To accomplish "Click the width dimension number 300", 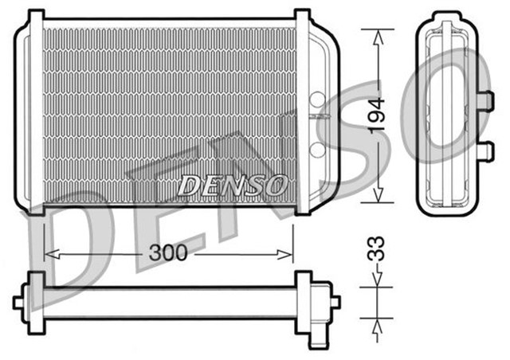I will [x=168, y=253].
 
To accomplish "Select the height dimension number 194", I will [x=377, y=115].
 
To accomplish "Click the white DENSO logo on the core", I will [x=231, y=186].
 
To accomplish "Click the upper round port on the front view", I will [x=316, y=100].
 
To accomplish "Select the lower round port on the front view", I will [x=316, y=149].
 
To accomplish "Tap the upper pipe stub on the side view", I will [x=485, y=100].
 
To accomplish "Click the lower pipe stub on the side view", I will [x=485, y=149].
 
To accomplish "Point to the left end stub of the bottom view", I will [x=18, y=302].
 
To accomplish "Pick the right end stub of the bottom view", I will [x=334, y=302].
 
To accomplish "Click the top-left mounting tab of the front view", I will [x=35, y=18].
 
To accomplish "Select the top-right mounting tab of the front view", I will [x=303, y=18].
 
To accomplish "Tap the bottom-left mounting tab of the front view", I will [x=35, y=209].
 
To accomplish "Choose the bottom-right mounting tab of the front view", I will [x=303, y=209].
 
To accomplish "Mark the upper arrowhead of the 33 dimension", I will [x=377, y=280].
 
